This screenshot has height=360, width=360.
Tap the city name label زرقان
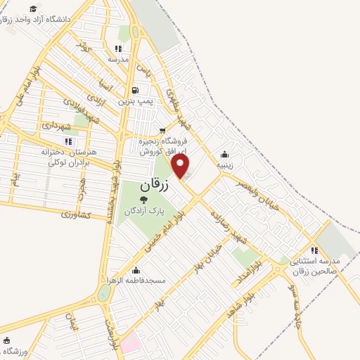click(x=155, y=186)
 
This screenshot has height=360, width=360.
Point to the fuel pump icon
click(x=135, y=90)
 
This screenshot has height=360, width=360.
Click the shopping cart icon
click(x=162, y=130)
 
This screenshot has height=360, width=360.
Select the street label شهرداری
click(x=56, y=126)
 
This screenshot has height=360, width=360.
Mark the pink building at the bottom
click(x=130, y=342)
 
